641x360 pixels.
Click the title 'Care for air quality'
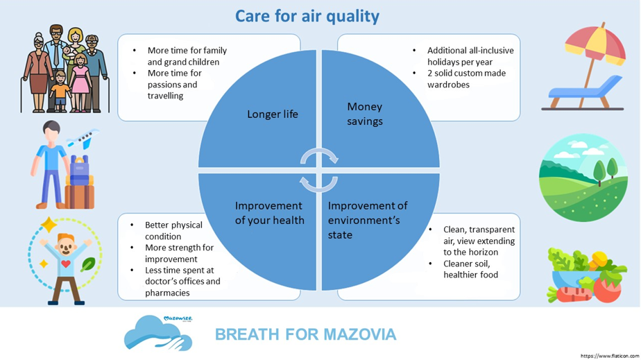(307, 17)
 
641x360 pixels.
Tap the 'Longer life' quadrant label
(272, 114)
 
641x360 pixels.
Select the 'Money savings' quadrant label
(365, 114)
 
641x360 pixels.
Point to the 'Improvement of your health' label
(269, 213)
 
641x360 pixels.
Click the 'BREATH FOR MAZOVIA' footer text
(305, 334)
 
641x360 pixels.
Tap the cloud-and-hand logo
(159, 333)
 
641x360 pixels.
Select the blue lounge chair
(585, 93)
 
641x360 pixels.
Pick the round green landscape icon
(583, 178)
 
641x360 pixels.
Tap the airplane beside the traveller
(83, 139)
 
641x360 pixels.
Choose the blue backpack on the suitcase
(80, 170)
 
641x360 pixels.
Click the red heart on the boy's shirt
(66, 264)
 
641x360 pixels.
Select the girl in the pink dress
(80, 82)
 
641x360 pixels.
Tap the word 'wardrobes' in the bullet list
(448, 85)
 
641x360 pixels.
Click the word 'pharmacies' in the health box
(167, 293)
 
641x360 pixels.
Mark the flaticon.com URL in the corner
(610, 357)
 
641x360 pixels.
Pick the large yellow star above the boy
(49, 225)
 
